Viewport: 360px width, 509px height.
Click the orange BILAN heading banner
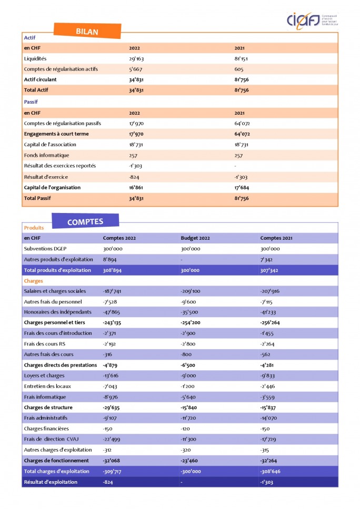[x=87, y=32]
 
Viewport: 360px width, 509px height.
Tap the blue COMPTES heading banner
[x=85, y=221]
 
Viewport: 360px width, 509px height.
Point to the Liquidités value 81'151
[x=242, y=58]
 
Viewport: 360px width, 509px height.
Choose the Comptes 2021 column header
[x=276, y=238]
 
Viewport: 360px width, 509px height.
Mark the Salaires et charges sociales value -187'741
[x=114, y=291]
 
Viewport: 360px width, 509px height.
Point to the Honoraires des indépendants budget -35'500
[x=191, y=312]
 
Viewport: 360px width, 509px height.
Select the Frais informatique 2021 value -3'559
[x=269, y=397]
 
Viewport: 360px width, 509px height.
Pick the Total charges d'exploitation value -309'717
[x=114, y=471]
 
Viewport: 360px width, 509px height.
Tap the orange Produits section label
[x=34, y=228]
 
